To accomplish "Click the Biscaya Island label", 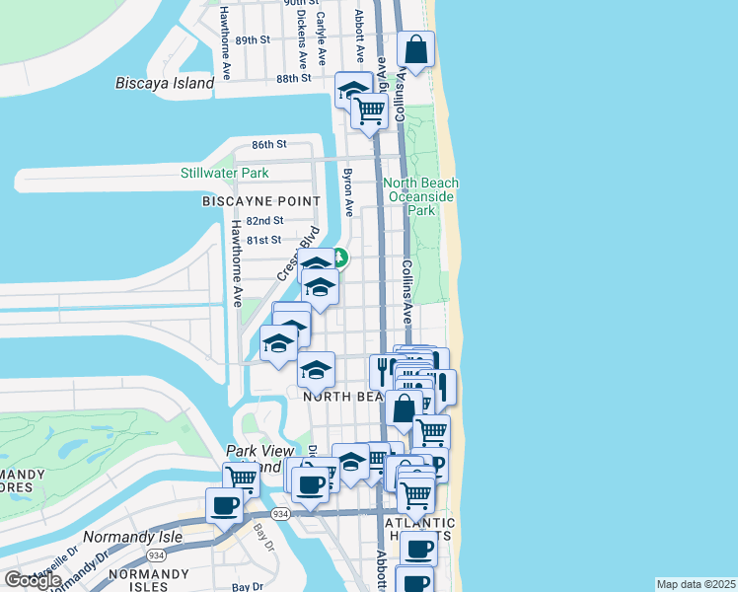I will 164,83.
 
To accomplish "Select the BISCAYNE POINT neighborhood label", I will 261,201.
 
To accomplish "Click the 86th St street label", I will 267,144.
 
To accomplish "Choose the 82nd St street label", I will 265,221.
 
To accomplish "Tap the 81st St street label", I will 263,240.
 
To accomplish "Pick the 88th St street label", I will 293,78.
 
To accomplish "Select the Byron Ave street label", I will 347,191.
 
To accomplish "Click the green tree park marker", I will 339,259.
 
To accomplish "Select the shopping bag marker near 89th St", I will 416,48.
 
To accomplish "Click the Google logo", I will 33,580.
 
